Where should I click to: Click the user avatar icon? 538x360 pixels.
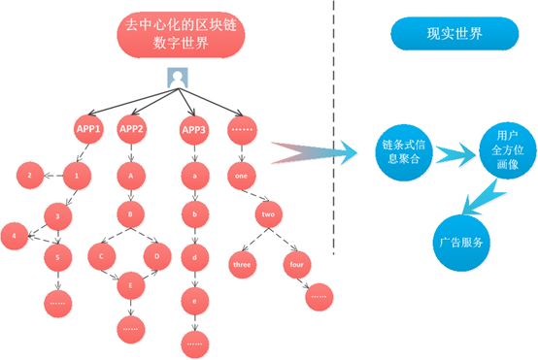(178, 78)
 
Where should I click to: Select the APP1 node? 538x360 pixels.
(88, 129)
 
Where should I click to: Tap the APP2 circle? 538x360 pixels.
(131, 129)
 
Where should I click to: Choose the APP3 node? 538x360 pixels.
(194, 130)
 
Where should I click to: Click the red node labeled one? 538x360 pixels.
(242, 176)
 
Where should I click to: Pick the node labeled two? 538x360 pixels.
(268, 214)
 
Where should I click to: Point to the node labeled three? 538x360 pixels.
(242, 264)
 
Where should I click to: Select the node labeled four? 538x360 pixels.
(297, 264)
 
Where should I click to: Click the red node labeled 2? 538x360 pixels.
(30, 176)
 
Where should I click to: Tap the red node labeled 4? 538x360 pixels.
(15, 236)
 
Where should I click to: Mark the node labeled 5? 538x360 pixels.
(58, 257)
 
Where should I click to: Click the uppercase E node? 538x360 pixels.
(131, 285)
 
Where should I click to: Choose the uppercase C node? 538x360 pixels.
(102, 256)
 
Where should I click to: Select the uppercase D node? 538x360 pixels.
(157, 256)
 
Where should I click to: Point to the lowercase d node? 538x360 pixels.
(195, 258)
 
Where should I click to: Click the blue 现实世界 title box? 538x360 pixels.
(454, 34)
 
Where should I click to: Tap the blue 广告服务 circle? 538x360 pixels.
(461, 244)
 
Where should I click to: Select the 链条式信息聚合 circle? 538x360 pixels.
(404, 152)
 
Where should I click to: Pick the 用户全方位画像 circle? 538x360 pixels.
(508, 150)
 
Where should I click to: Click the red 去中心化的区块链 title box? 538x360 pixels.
(181, 34)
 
